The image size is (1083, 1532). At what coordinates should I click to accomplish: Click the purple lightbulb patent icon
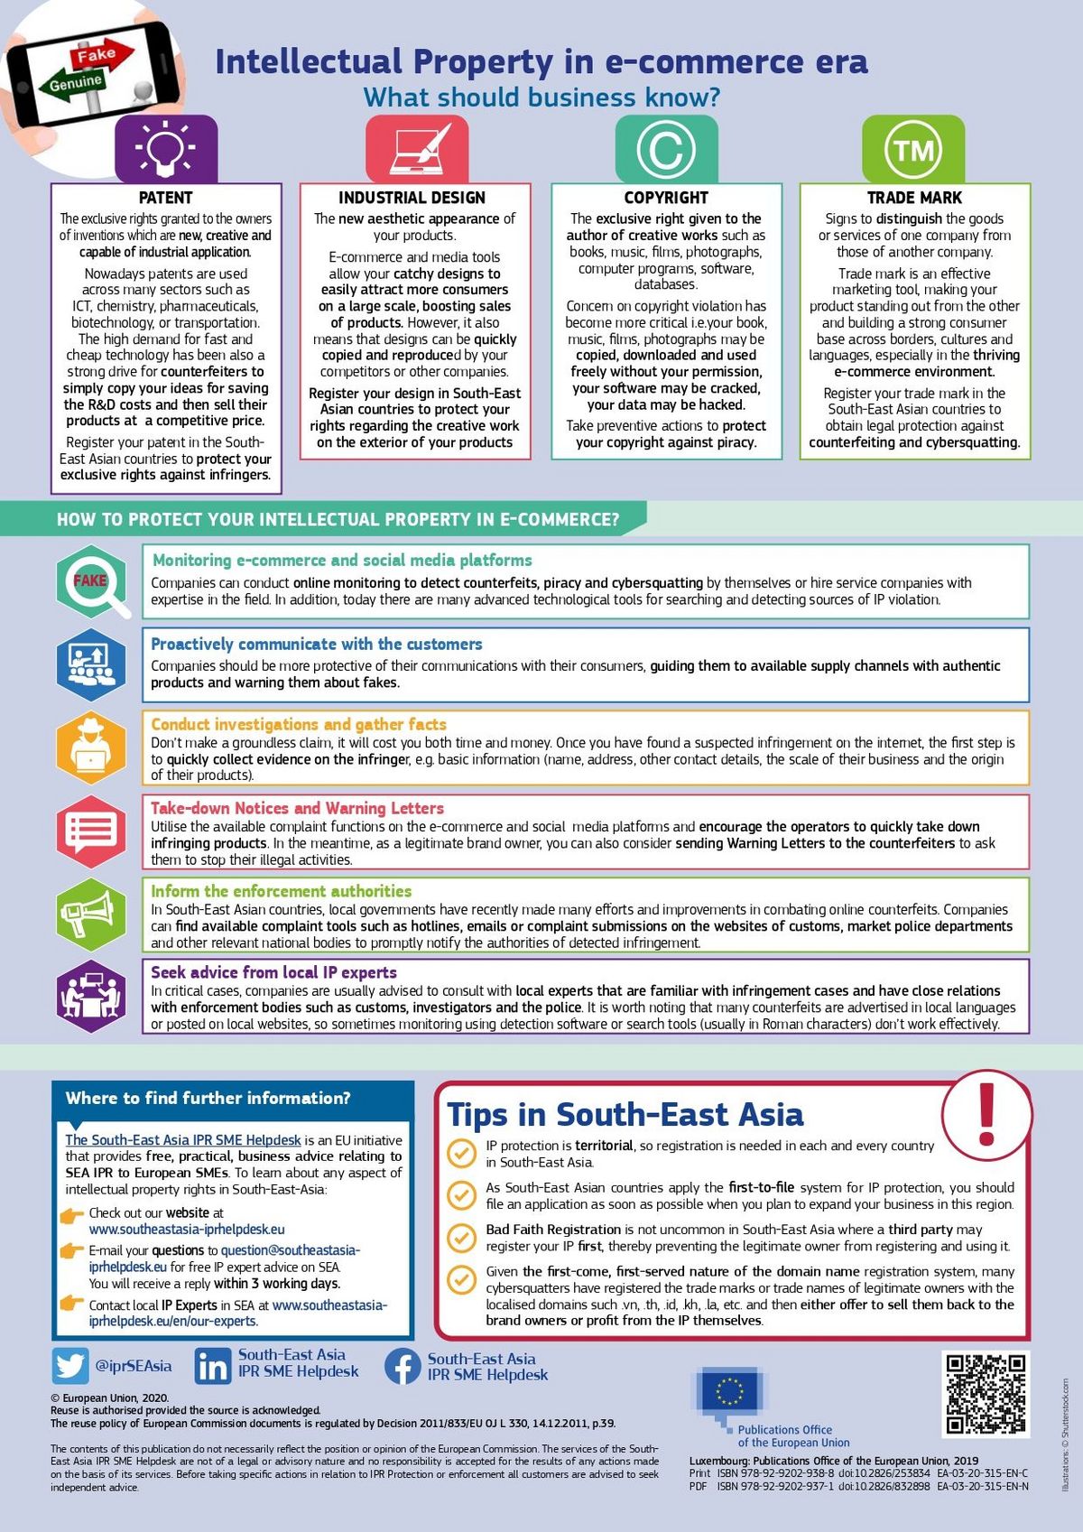166,149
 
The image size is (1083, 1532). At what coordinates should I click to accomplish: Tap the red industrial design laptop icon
417,149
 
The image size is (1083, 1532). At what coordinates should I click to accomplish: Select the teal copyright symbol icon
666,149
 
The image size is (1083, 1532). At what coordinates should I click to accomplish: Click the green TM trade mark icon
913,149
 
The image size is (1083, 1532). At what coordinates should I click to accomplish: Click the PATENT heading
166,198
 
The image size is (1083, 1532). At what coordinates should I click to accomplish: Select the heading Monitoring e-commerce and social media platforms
342,561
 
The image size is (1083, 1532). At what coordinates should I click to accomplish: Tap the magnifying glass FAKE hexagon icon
91,581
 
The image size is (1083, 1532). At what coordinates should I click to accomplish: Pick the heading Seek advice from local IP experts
273,972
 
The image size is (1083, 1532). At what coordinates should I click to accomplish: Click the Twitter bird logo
69,1366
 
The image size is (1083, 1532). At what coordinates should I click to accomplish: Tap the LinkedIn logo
213,1366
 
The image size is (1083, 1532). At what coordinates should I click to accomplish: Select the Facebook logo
403,1366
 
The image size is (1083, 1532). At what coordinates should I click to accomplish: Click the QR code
986,1393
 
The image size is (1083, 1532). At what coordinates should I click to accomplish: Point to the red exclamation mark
986,1112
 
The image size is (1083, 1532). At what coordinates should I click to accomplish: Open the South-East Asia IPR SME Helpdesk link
183,1140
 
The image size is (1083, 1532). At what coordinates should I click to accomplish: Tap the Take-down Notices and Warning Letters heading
297,808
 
